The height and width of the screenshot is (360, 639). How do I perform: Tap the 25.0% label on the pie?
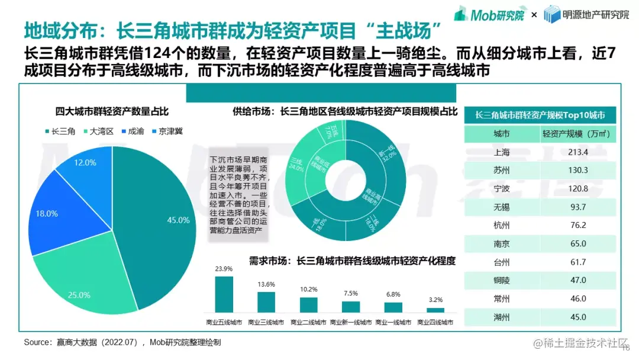point(80,295)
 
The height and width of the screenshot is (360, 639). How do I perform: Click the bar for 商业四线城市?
point(435,310)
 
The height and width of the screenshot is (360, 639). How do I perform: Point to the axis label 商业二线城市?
point(308,323)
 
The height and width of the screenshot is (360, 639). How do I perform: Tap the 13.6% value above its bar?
point(266,284)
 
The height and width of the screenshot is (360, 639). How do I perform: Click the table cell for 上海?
point(501,153)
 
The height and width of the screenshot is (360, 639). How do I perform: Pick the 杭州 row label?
point(501,226)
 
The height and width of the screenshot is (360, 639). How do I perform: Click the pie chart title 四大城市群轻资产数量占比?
point(112,111)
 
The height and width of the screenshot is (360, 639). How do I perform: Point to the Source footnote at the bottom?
point(124,342)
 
